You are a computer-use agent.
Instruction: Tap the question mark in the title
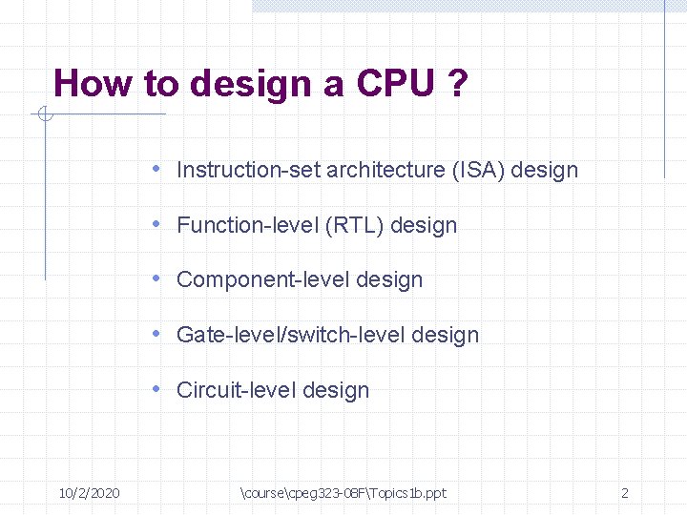pos(458,84)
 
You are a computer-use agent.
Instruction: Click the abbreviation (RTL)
pos(355,226)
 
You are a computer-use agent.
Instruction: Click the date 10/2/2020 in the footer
pos(89,493)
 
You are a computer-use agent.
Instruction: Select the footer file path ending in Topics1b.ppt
pos(343,493)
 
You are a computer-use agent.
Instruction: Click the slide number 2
pos(625,493)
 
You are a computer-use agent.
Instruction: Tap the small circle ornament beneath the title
pos(44,115)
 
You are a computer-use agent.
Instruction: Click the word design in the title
pos(252,84)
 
